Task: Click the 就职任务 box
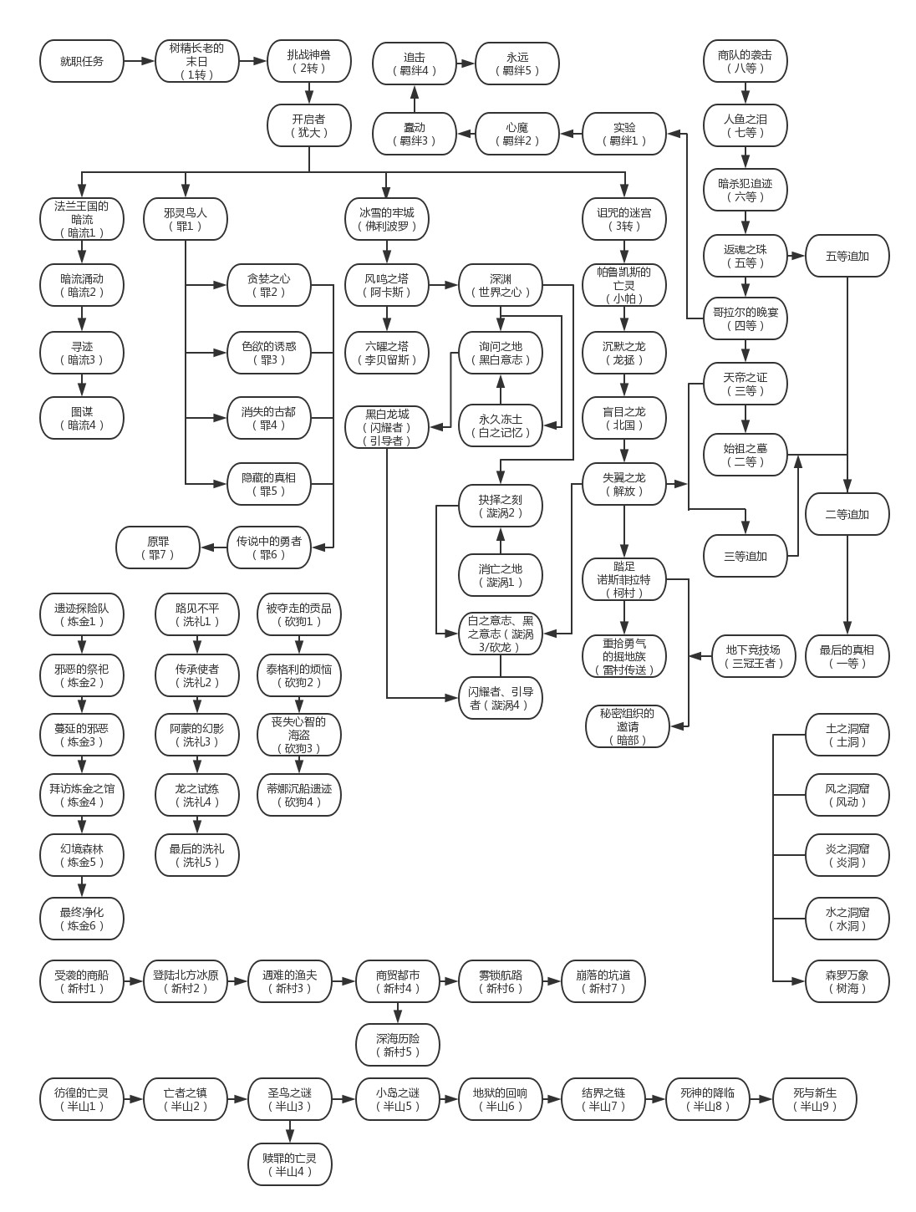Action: point(82,61)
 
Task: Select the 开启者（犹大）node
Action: point(309,125)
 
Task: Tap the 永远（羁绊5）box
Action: point(517,64)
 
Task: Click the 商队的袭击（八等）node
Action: point(746,61)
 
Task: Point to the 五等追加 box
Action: point(847,256)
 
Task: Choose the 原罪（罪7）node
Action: point(158,547)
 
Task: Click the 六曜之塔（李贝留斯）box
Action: point(386,353)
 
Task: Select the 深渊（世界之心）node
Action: point(501,285)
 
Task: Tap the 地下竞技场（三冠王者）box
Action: point(753,656)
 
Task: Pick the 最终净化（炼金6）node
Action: point(82,919)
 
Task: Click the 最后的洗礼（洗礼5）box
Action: point(197,855)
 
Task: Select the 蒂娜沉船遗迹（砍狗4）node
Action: point(299,795)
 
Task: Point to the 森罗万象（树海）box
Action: point(847,981)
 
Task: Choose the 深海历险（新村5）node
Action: point(398,1045)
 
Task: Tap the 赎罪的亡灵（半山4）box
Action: point(290,1164)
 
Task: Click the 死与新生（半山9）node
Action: point(814,1099)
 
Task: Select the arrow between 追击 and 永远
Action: point(466,64)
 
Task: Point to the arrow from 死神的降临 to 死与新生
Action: point(761,1099)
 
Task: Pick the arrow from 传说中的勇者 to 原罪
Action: point(214,547)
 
